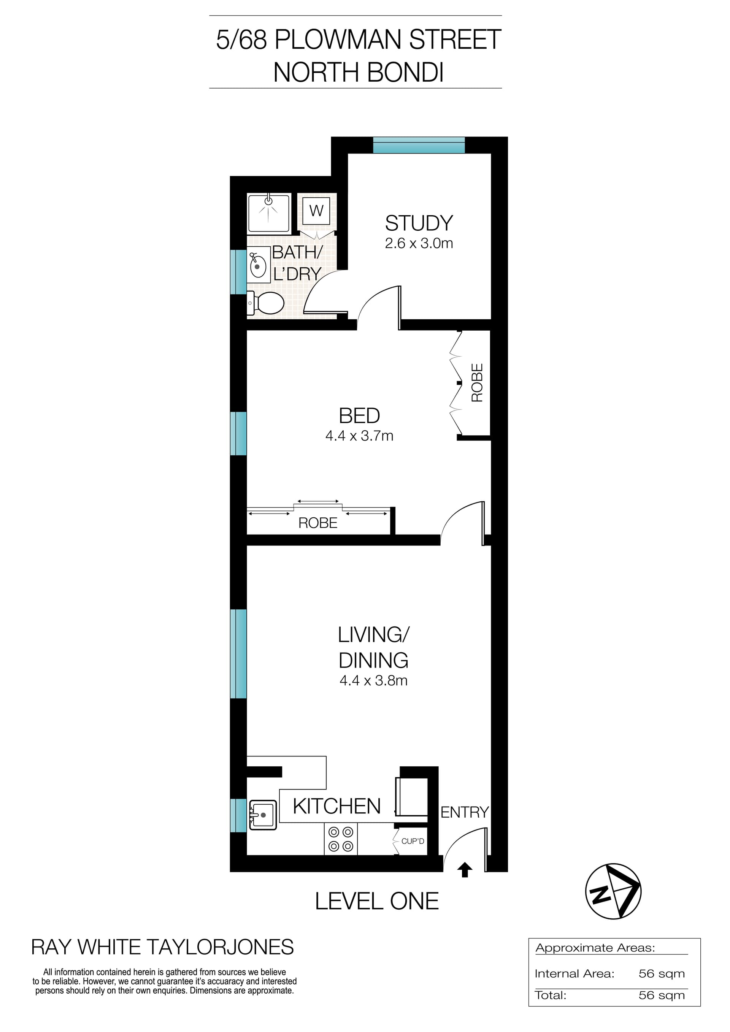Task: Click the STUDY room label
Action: (419, 223)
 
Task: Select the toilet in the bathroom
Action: (266, 303)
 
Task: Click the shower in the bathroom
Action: (268, 212)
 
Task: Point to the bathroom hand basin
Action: (257, 267)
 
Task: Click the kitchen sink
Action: (263, 815)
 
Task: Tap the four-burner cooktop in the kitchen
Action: (341, 839)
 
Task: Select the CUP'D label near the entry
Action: (412, 841)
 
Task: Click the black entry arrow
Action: (465, 870)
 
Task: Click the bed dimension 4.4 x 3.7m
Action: (359, 436)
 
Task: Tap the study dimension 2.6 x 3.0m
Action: (419, 244)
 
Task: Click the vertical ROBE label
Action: (476, 382)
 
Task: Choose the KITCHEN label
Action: (337, 806)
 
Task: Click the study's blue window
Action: (419, 146)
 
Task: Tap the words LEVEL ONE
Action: (377, 902)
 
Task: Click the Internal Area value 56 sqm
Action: (661, 974)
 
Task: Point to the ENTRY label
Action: (464, 812)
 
